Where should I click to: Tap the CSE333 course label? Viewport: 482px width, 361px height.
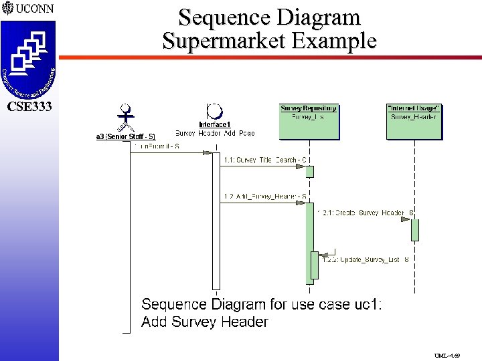coord(29,106)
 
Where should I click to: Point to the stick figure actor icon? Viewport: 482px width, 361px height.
coord(125,118)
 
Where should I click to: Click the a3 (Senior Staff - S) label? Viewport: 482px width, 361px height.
coord(126,136)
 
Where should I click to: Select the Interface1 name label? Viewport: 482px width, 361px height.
coord(215,124)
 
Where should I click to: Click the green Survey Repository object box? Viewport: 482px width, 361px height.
coord(309,121)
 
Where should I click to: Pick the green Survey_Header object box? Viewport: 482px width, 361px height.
coord(413,121)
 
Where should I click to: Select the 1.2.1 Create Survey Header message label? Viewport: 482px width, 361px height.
coord(368,213)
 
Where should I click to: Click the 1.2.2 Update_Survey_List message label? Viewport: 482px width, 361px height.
coord(366,259)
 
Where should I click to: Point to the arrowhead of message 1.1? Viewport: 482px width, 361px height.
coord(304,166)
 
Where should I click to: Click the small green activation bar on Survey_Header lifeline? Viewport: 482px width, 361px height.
coord(415,230)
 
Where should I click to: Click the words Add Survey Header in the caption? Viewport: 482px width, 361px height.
coord(205,322)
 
